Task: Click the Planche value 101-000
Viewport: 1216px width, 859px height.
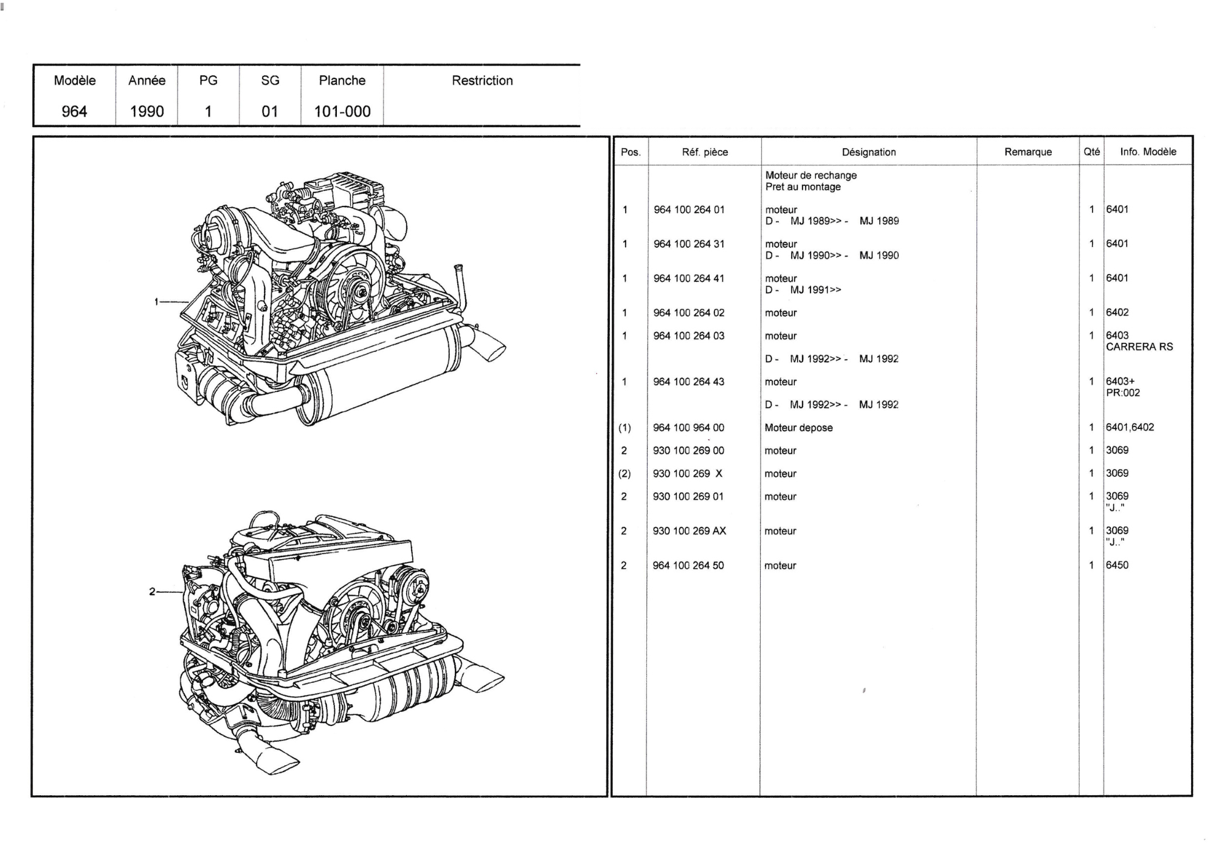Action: click(342, 112)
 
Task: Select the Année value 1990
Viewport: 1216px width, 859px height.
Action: click(147, 112)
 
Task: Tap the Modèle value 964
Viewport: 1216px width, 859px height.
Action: click(74, 112)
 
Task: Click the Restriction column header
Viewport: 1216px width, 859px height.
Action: click(482, 81)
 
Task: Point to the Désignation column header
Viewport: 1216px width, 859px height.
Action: click(869, 152)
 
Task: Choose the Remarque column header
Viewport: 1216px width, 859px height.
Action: click(1028, 152)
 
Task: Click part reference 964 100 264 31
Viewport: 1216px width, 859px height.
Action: click(689, 244)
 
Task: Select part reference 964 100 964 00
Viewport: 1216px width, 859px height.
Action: click(689, 428)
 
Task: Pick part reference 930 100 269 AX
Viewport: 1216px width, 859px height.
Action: click(689, 531)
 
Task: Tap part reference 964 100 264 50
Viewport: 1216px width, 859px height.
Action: click(688, 566)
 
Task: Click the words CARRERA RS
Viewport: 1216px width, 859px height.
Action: click(1139, 347)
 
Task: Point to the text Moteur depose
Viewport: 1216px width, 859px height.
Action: click(799, 428)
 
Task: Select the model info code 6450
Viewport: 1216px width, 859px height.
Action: click(1117, 565)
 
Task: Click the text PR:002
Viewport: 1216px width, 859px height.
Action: click(1123, 393)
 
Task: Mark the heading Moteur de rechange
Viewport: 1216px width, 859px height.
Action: click(811, 176)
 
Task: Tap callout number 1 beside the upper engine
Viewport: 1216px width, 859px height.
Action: click(156, 301)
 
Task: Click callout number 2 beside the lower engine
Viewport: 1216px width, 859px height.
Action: click(152, 591)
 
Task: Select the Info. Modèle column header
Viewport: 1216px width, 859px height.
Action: click(1148, 152)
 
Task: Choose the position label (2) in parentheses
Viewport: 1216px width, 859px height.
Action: click(624, 474)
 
